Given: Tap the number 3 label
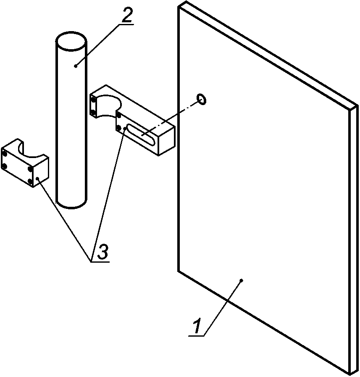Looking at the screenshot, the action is tap(102, 252).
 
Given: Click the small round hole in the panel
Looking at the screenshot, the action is tap(201, 99).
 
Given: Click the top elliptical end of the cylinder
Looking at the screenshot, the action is tap(71, 42).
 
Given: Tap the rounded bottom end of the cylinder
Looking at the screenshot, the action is tap(71, 204).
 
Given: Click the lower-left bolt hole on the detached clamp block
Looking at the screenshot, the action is tap(5, 167).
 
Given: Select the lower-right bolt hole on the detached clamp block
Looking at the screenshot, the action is tap(31, 181).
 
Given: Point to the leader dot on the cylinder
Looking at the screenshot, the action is tap(75, 65).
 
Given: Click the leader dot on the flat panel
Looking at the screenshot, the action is tap(241, 279).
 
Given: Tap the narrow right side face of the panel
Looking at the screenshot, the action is tap(354, 240).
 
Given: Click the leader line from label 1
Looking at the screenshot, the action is tap(223, 307).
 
